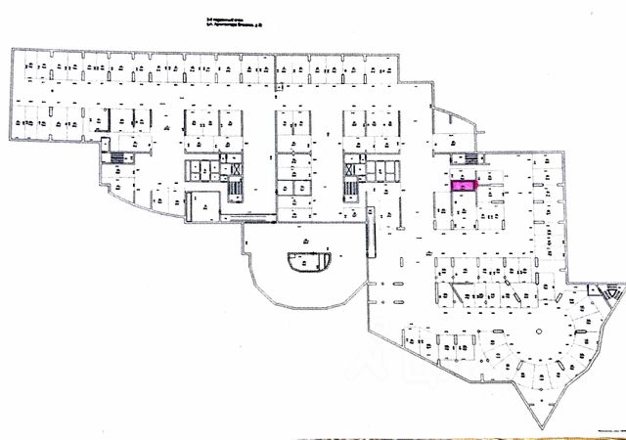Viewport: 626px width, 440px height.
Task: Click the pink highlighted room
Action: tap(461, 184)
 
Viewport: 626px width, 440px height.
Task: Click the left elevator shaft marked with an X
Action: tap(235, 168)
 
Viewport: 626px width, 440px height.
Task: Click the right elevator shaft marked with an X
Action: tap(348, 168)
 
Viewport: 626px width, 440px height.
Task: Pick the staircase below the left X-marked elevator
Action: tap(235, 190)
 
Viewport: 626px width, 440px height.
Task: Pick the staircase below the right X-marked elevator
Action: tap(348, 189)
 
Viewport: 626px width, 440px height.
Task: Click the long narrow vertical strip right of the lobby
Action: tap(370, 230)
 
